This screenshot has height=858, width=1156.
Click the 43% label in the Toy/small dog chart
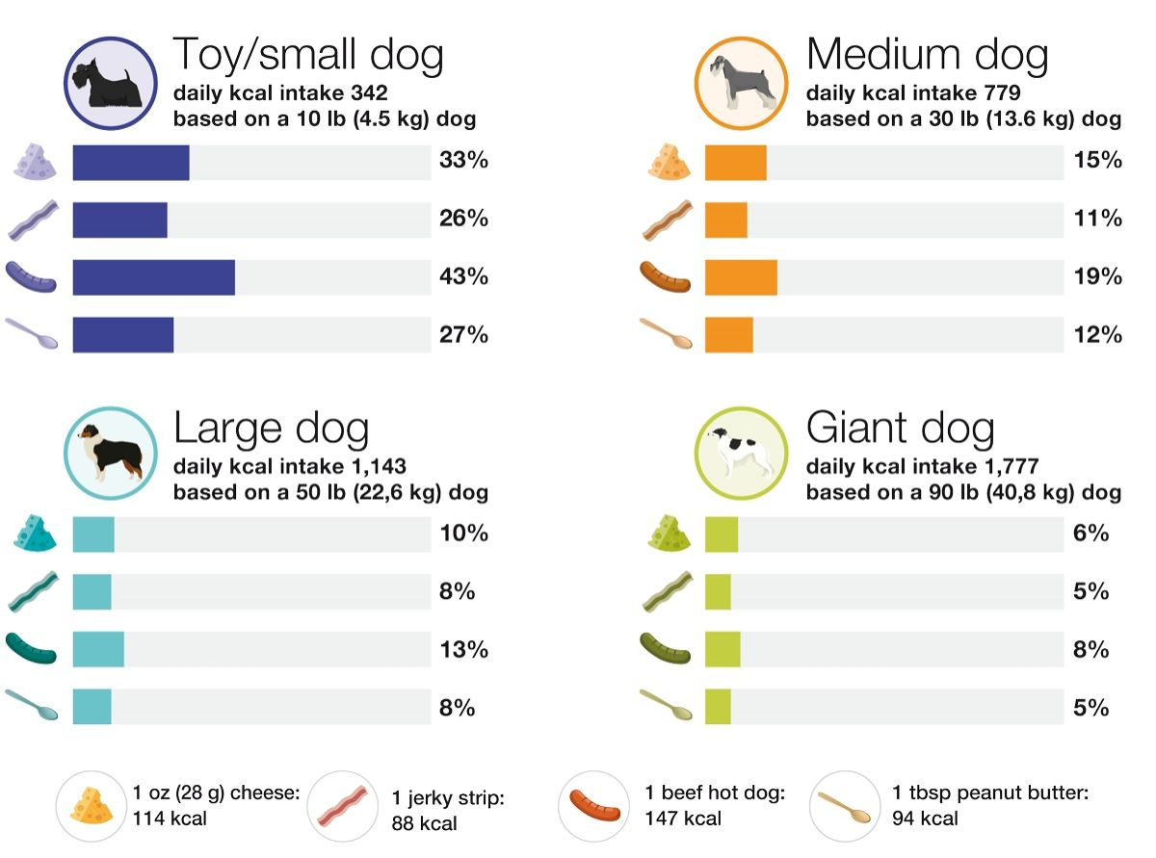click(x=463, y=277)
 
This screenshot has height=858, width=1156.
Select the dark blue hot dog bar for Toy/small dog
click(x=153, y=277)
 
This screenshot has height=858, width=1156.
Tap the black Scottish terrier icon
click(x=110, y=84)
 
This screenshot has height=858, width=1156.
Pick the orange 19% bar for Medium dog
click(x=741, y=277)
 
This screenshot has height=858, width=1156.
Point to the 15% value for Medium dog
click(x=1097, y=161)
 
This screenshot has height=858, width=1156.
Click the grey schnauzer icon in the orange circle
click(x=741, y=84)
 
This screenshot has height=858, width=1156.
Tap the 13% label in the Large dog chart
click(x=463, y=650)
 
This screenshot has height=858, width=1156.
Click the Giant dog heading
click(x=900, y=428)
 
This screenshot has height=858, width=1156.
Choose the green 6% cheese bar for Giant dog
click(x=722, y=534)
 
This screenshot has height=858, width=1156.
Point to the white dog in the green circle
click(x=741, y=454)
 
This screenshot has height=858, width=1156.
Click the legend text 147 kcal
click(x=683, y=819)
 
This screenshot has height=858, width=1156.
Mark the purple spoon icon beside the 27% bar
click(x=32, y=335)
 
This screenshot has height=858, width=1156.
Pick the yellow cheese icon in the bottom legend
click(x=92, y=807)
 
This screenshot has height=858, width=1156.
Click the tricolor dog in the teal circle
click(x=110, y=454)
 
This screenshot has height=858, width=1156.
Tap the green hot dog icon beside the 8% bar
click(x=665, y=650)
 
